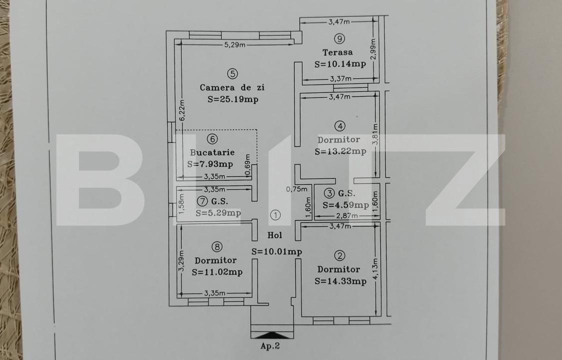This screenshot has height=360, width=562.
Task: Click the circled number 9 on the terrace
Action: point(340,38)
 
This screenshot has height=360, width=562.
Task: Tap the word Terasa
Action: point(337,52)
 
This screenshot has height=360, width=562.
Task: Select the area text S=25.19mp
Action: point(233,99)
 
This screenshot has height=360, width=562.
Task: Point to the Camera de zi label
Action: point(232,87)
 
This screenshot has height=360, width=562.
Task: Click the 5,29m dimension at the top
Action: point(235,45)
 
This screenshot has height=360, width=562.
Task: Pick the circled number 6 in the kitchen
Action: point(212,139)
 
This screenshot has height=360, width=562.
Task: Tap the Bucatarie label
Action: point(212,152)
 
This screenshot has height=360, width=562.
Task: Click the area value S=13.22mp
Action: point(340,151)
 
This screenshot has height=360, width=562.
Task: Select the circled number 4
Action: point(340,126)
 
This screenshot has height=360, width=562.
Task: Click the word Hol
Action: point(275,235)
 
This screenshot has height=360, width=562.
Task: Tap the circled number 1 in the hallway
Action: point(275,215)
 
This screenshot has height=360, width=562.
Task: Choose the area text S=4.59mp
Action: point(346,204)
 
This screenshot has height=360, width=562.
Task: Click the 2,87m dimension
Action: point(346,216)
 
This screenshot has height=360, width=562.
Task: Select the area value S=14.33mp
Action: point(340,281)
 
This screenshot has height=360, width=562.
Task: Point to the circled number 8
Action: point(216,246)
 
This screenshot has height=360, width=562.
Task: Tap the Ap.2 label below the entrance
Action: point(271,345)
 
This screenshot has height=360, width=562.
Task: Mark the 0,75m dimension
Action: point(295,189)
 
